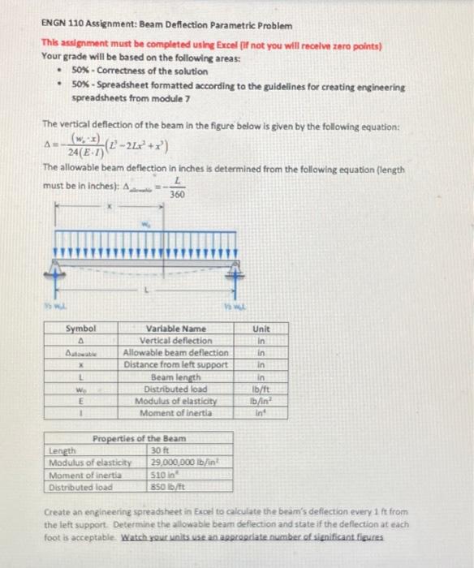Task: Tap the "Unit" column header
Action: point(261,328)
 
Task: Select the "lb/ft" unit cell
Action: point(261,389)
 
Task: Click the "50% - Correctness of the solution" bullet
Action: point(122,72)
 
